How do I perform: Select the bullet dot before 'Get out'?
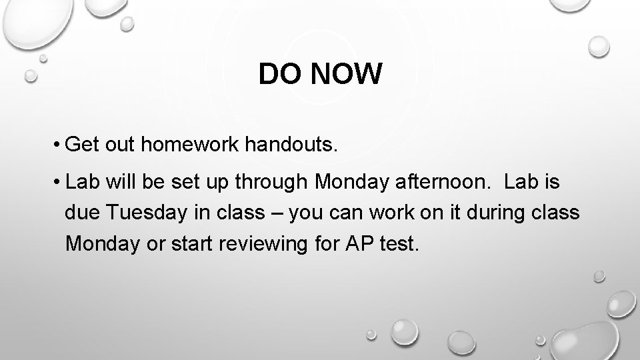(59, 144)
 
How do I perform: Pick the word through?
(279, 181)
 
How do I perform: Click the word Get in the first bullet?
(83, 144)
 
